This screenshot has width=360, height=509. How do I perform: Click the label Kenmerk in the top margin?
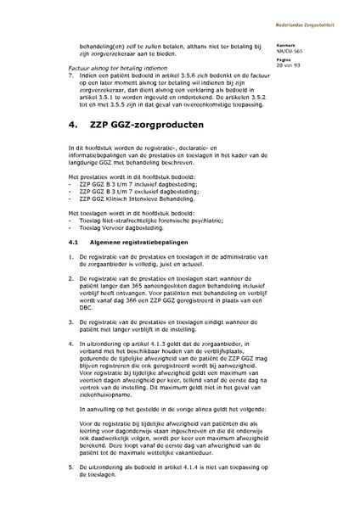coord(309,43)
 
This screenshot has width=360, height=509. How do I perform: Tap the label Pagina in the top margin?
coord(308,59)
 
